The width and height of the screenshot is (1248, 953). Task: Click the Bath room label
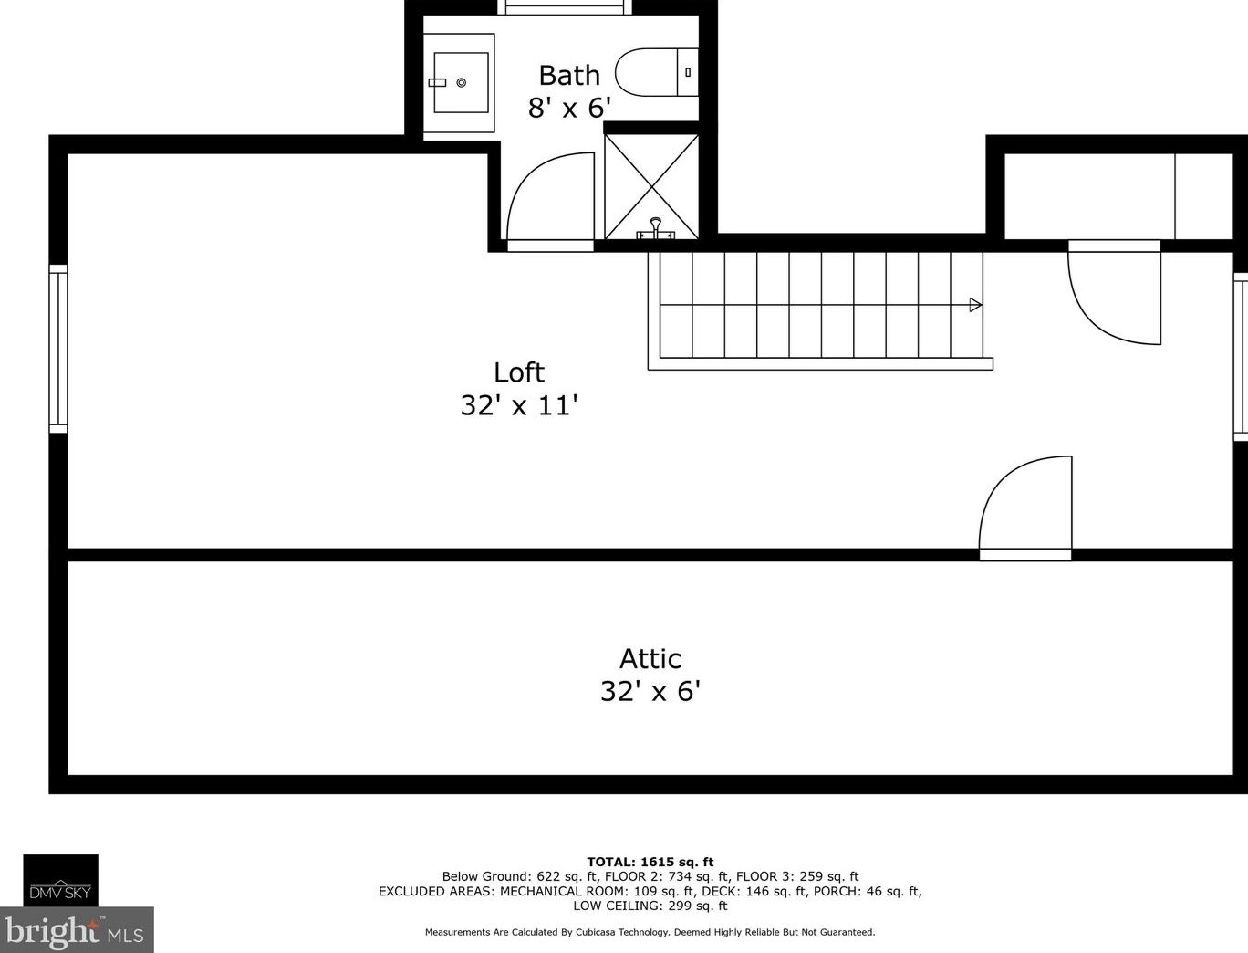(x=569, y=75)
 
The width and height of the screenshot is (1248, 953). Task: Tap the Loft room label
(x=519, y=372)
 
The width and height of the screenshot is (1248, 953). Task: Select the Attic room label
(x=650, y=659)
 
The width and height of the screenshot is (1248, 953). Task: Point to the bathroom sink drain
(x=462, y=83)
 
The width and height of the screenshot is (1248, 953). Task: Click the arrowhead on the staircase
(x=975, y=305)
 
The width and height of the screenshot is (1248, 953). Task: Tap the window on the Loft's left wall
(x=58, y=348)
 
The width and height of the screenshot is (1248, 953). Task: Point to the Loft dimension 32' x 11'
(x=519, y=405)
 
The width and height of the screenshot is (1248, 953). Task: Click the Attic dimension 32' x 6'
(x=650, y=691)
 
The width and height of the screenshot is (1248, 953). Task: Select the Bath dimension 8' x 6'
(x=569, y=108)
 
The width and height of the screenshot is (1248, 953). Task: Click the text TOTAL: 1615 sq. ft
(x=650, y=862)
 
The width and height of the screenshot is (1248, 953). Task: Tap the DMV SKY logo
(x=60, y=881)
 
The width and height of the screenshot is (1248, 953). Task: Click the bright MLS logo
(x=76, y=931)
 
